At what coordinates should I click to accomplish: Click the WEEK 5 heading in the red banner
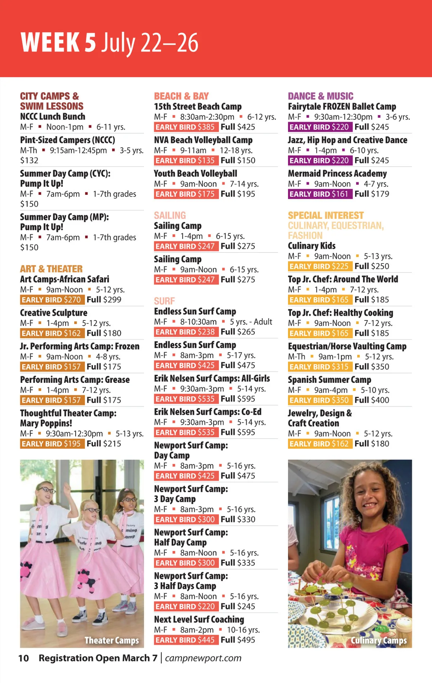(x=59, y=43)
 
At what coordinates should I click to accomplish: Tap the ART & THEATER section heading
(x=51, y=269)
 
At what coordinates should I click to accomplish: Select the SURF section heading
(x=165, y=301)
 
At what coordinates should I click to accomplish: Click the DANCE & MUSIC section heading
(x=320, y=96)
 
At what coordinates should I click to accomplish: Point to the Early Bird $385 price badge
(x=185, y=127)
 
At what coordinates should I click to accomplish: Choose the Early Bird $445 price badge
(x=185, y=640)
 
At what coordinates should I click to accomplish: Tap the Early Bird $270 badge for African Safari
(x=52, y=300)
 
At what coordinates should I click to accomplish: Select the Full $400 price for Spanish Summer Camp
(x=372, y=400)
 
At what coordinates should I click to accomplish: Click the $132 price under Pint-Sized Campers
(x=29, y=161)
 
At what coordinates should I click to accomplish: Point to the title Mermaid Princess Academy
(x=337, y=174)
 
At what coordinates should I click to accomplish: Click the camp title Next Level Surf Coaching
(x=199, y=620)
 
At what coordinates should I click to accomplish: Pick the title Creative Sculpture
(x=54, y=313)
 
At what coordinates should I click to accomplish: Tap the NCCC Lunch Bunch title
(x=53, y=117)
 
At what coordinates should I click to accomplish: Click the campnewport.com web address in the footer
(x=203, y=658)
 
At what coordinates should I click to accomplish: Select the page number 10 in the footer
(x=24, y=659)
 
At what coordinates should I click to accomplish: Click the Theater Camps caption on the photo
(x=112, y=641)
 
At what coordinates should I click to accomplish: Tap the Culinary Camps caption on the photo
(x=379, y=641)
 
